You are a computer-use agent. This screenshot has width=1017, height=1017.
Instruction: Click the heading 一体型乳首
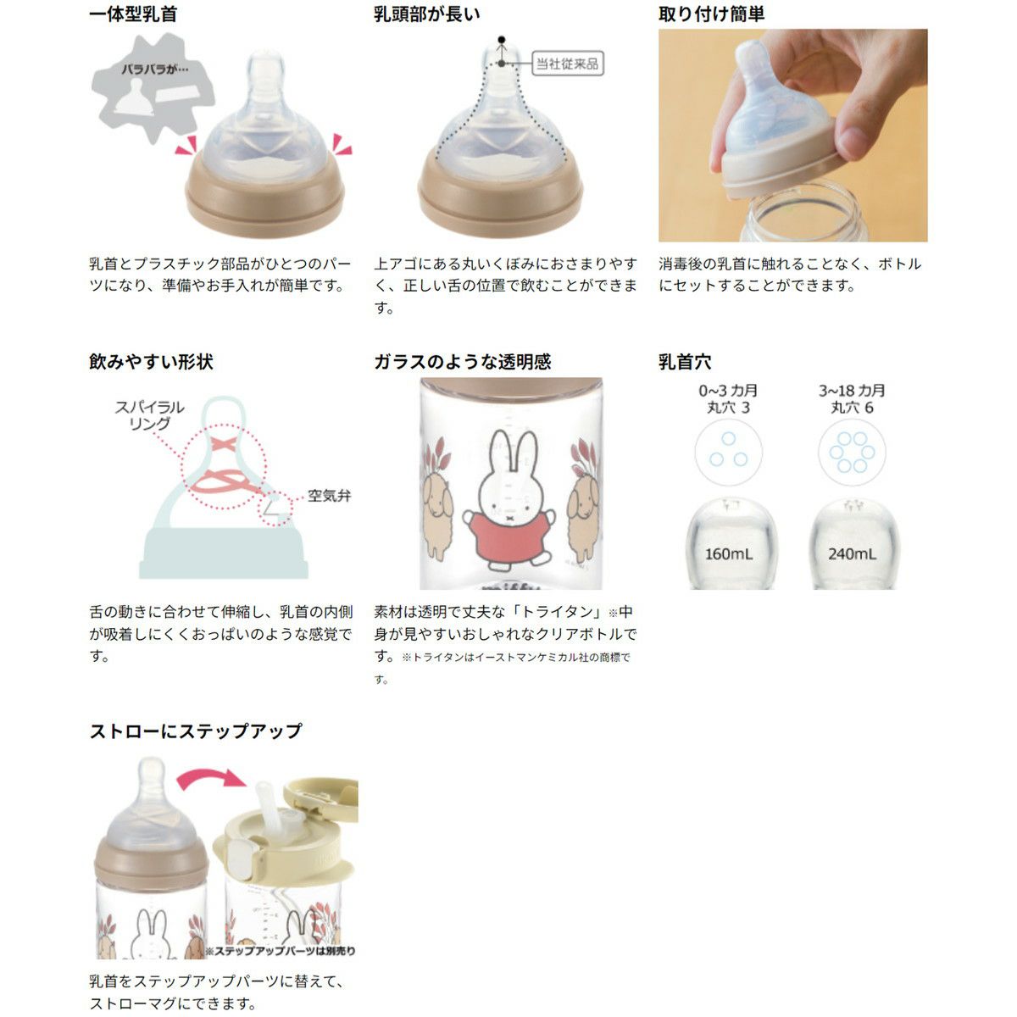(x=133, y=14)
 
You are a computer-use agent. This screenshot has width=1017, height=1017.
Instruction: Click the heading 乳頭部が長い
(x=427, y=14)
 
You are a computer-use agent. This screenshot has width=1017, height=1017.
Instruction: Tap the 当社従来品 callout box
(x=567, y=64)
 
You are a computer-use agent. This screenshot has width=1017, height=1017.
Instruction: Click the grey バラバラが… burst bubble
(x=153, y=87)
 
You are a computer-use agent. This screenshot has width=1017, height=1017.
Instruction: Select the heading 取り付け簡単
(x=711, y=14)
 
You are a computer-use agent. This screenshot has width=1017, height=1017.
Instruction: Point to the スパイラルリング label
(x=150, y=414)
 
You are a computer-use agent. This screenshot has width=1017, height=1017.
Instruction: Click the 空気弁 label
(x=330, y=496)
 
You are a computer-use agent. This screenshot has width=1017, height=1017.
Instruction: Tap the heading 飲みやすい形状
(x=151, y=362)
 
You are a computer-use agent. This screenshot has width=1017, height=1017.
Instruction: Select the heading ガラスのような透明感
(x=463, y=362)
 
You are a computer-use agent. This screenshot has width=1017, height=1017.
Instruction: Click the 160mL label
(x=729, y=554)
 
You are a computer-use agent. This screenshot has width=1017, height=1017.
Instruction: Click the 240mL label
(x=853, y=554)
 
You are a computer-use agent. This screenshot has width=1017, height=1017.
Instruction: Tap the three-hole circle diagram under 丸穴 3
(x=728, y=452)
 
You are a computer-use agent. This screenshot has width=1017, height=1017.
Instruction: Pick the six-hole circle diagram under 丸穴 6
(x=852, y=452)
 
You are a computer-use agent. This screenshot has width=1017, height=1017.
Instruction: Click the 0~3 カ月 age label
(x=728, y=391)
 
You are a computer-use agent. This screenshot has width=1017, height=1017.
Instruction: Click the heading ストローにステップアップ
(x=196, y=731)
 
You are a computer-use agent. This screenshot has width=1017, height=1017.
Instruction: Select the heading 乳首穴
(x=685, y=362)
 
